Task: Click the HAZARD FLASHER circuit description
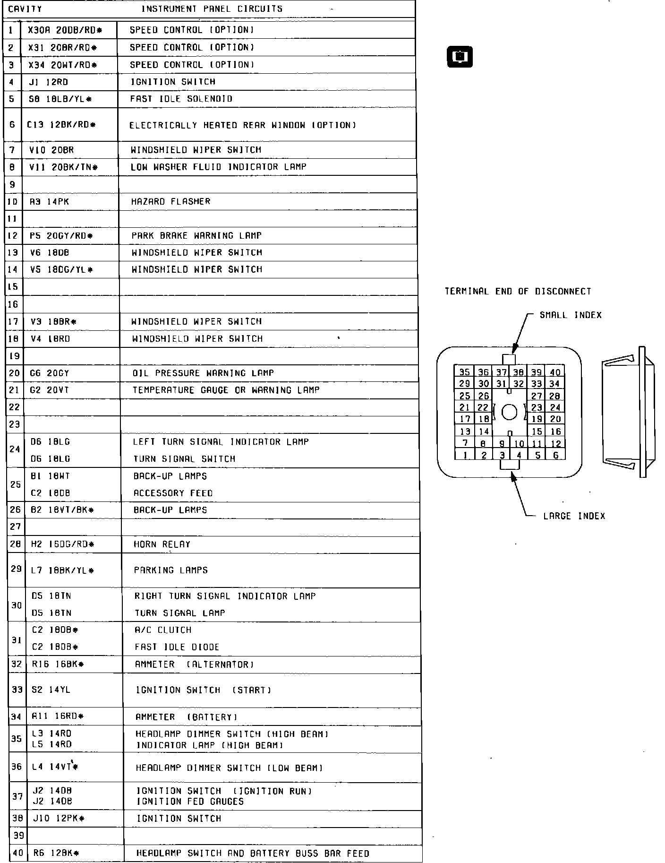click(171, 202)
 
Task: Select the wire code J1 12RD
click(49, 82)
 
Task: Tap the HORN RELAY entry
click(162, 544)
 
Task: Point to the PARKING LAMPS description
click(171, 570)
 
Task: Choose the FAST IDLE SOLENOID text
click(181, 99)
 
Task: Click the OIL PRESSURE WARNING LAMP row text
click(203, 373)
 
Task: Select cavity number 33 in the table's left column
click(17, 690)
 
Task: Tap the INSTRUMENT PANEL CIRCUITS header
click(212, 9)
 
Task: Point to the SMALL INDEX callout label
click(571, 315)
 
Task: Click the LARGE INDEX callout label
click(574, 516)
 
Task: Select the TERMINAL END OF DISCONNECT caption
click(518, 292)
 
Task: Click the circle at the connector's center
click(509, 413)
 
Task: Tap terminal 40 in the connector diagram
click(555, 373)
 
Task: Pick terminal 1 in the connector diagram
click(465, 456)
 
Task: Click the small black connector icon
click(460, 57)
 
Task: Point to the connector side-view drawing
click(628, 412)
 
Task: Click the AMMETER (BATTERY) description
click(186, 717)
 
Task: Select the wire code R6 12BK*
click(56, 854)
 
